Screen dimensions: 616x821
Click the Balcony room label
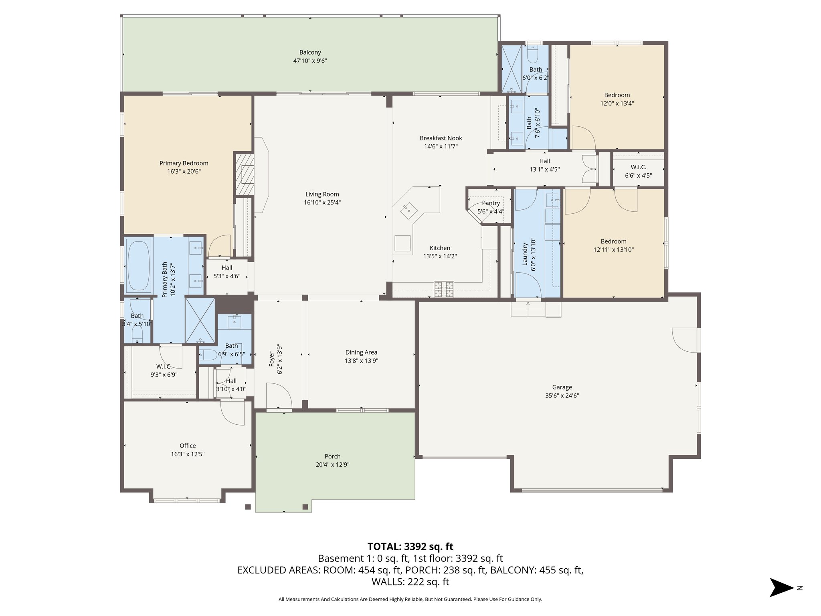pyautogui.click(x=310, y=53)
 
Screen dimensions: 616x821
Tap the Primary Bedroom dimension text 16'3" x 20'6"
pyautogui.click(x=184, y=172)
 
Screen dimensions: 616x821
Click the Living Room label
pyautogui.click(x=322, y=194)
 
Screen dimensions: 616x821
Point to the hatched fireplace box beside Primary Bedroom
pyautogui.click(x=245, y=174)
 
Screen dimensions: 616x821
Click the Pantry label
pyautogui.click(x=491, y=203)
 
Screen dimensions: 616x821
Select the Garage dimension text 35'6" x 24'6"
pyautogui.click(x=562, y=396)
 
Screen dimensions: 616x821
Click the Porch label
pyautogui.click(x=332, y=456)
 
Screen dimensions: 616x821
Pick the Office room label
pyautogui.click(x=188, y=446)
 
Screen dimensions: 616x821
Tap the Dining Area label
pyautogui.click(x=361, y=353)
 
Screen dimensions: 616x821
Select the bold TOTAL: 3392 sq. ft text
pyautogui.click(x=410, y=547)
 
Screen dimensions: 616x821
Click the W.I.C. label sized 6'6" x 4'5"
pyautogui.click(x=638, y=167)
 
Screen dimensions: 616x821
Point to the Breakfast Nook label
pyautogui.click(x=441, y=138)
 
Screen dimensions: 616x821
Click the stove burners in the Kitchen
pyautogui.click(x=444, y=289)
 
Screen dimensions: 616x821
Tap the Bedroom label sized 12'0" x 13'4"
pyautogui.click(x=617, y=95)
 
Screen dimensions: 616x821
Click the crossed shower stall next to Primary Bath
pyautogui.click(x=200, y=320)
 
